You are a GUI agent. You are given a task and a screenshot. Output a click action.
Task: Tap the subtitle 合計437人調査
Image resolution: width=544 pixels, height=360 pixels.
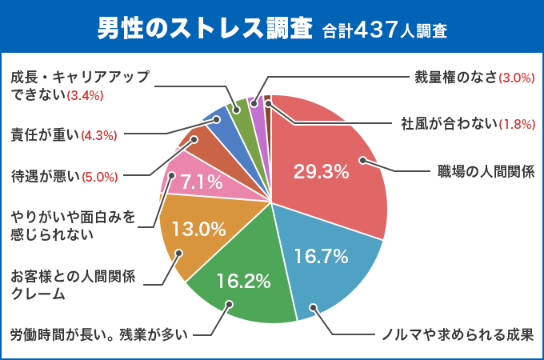pos(385,31)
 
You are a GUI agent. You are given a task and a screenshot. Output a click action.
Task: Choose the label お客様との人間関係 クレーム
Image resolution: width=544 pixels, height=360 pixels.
pos(73,285)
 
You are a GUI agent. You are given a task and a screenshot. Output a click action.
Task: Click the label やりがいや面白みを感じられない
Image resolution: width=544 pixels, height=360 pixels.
pos(73,225)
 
